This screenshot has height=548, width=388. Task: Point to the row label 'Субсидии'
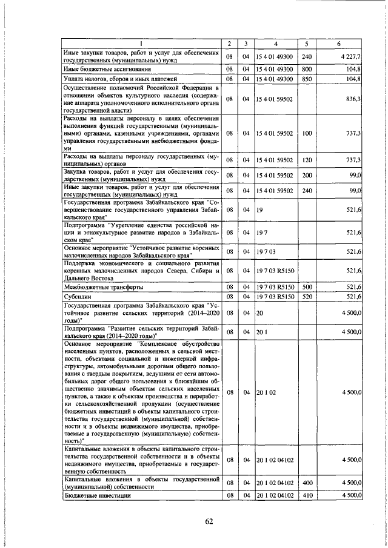click(x=77, y=297)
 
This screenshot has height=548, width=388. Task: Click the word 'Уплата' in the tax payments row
click(x=75, y=79)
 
